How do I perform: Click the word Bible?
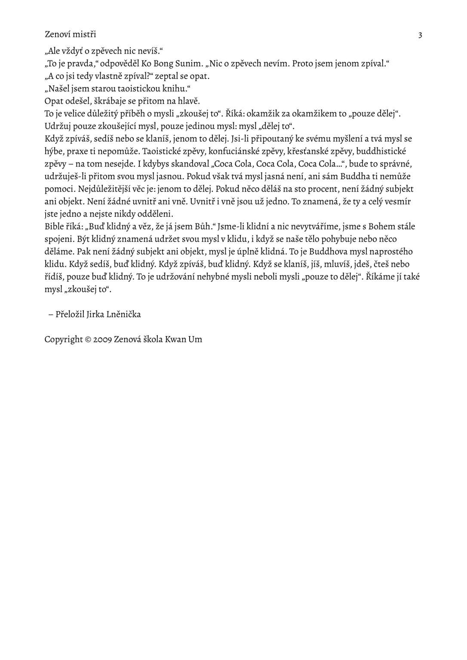coord(54,226)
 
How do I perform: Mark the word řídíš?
coord(54,276)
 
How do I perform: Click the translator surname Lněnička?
coord(123,314)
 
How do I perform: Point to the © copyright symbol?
coord(88,339)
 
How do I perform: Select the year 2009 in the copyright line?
coord(102,339)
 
